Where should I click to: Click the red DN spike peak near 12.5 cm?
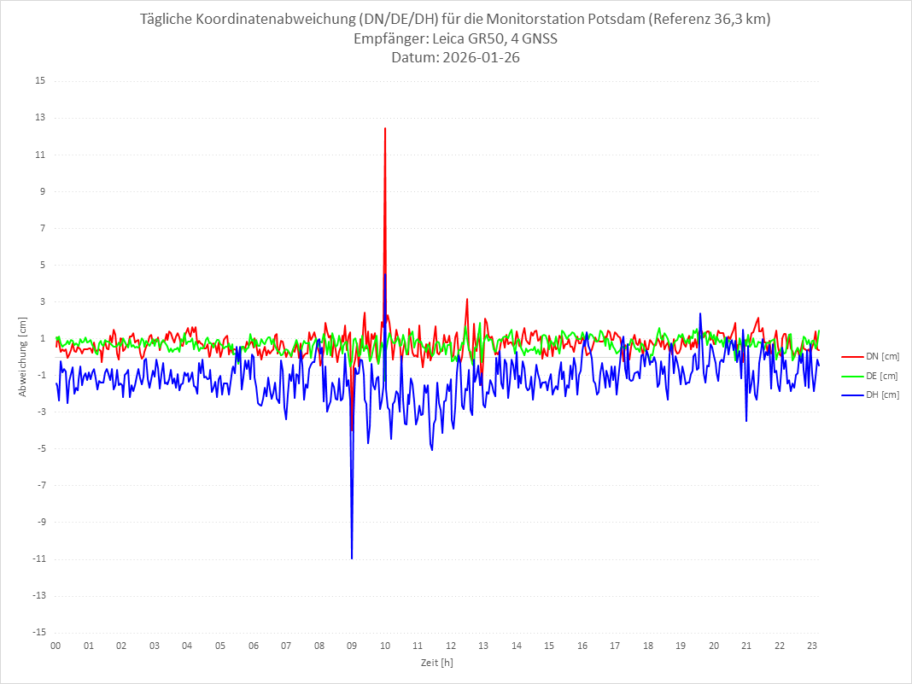(x=385, y=128)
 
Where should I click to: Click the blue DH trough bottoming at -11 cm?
(x=352, y=558)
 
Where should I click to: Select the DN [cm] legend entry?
(x=882, y=356)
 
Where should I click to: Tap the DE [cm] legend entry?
(x=882, y=376)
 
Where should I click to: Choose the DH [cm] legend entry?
(x=882, y=395)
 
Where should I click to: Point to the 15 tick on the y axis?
(x=40, y=81)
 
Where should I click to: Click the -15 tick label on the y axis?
(x=38, y=632)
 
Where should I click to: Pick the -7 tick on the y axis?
(x=40, y=485)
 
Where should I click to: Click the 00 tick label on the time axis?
(x=56, y=646)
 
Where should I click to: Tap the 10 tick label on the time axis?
(x=385, y=646)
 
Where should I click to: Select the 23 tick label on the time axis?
(x=813, y=646)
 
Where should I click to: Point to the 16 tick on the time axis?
(x=582, y=646)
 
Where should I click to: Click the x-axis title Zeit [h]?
(x=436, y=663)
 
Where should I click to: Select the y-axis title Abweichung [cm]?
(x=23, y=356)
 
